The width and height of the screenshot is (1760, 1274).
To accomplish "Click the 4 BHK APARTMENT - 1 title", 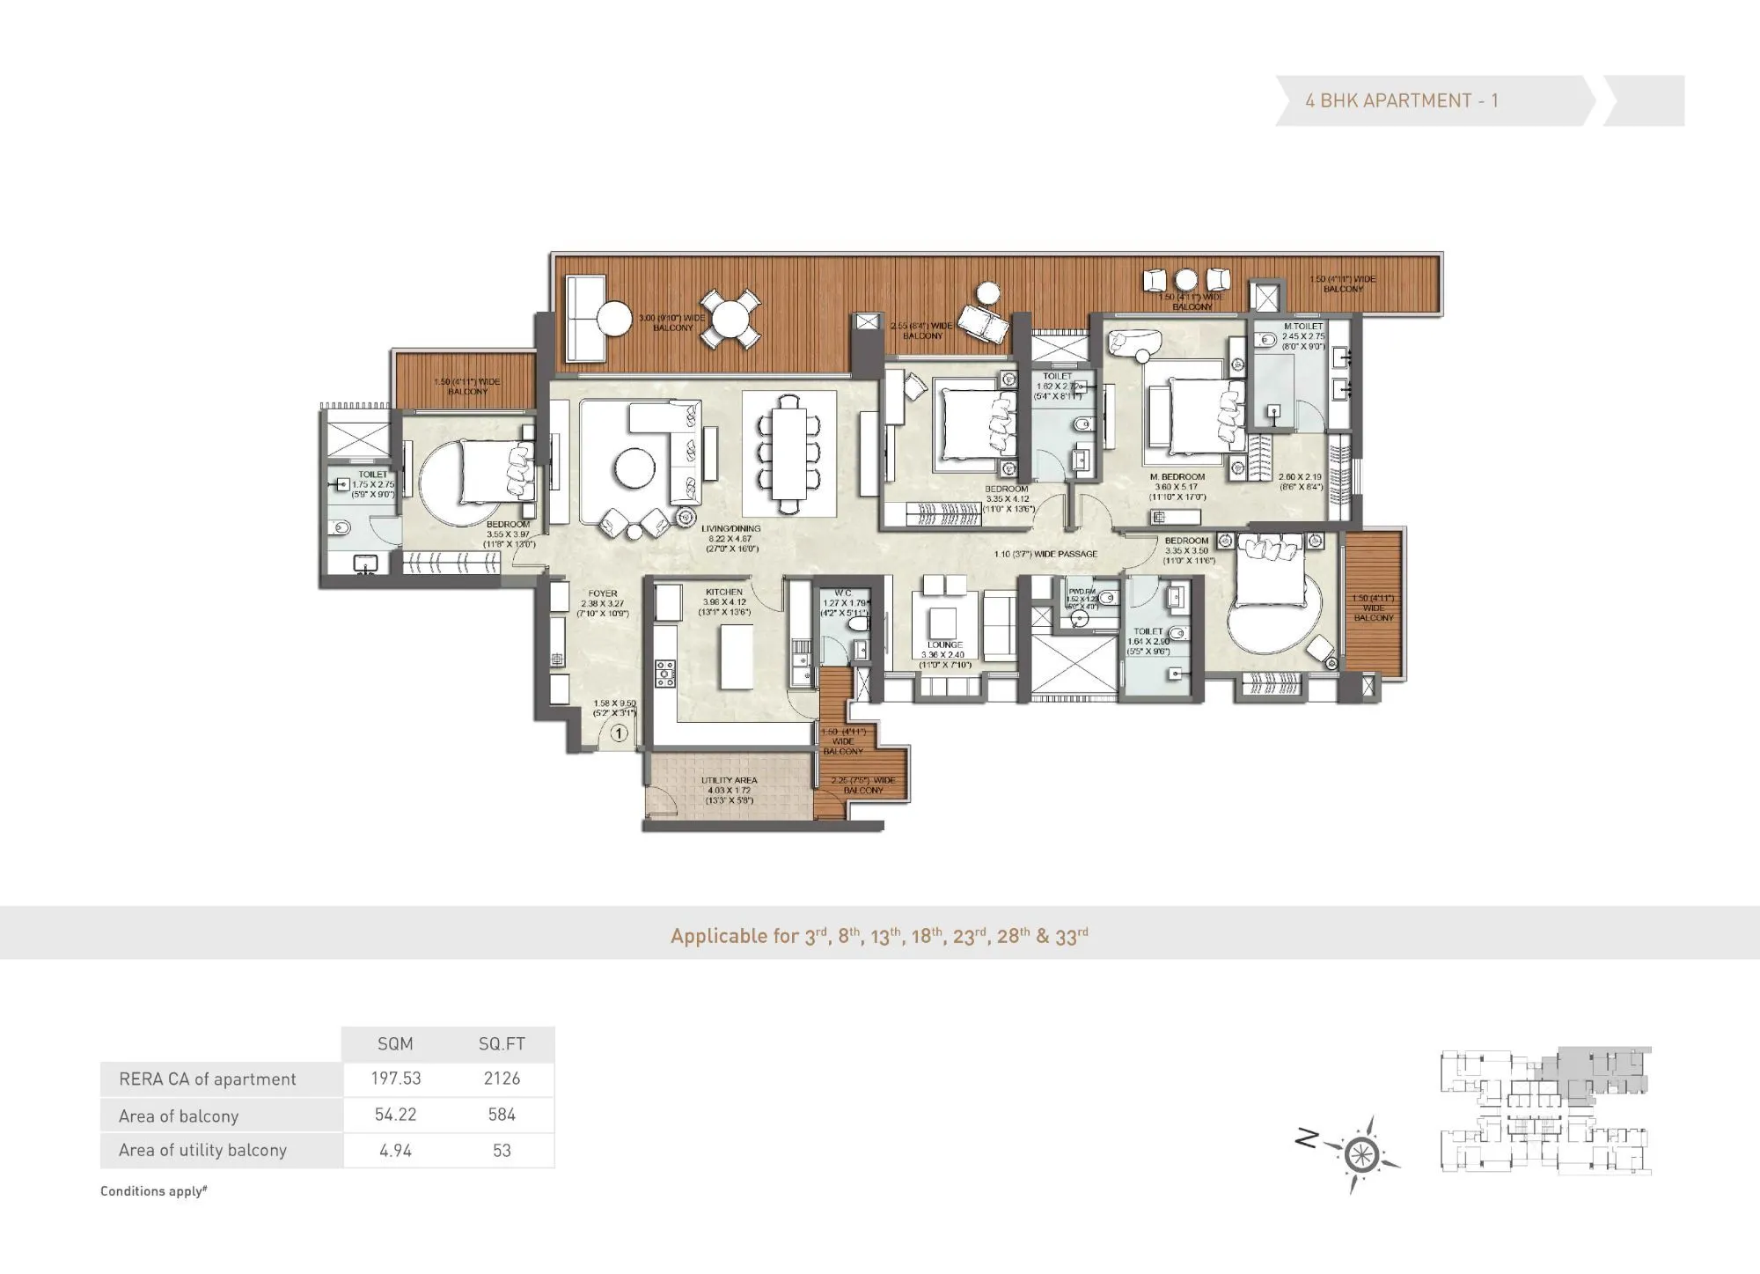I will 1401,101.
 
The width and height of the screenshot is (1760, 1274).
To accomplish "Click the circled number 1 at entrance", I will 620,733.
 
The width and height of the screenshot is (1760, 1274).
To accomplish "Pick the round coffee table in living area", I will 634,469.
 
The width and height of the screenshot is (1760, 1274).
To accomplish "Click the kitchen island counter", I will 737,657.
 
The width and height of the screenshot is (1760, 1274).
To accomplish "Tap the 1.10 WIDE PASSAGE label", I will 1045,554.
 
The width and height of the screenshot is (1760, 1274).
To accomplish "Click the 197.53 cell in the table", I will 395,1079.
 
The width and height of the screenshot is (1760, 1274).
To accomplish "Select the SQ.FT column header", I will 502,1044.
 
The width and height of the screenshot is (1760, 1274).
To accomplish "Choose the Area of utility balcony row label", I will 203,1150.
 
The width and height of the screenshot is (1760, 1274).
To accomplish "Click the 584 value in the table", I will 502,1115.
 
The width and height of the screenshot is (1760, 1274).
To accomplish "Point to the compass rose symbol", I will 1360,1154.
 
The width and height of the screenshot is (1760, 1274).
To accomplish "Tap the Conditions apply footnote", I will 154,1191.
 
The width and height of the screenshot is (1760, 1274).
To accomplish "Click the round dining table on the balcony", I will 736,319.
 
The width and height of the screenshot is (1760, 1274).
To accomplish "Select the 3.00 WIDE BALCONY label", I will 672,322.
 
